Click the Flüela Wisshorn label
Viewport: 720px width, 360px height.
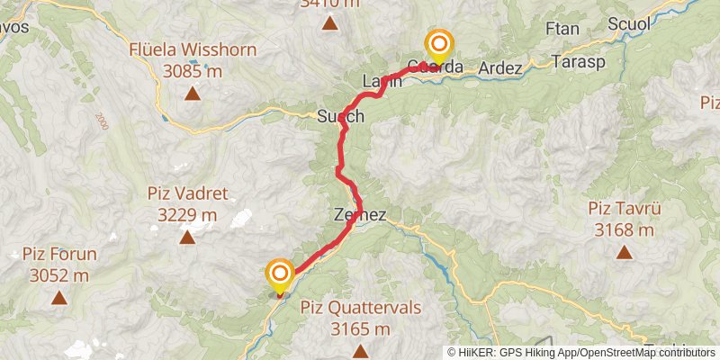[192, 49]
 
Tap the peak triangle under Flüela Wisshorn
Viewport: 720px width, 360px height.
[192, 93]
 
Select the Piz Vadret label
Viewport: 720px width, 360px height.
[187, 193]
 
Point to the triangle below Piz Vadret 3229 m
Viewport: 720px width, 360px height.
[187, 238]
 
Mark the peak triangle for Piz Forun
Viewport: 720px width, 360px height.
[59, 297]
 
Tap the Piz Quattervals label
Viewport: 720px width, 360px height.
[360, 308]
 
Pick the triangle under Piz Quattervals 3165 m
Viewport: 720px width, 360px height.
[360, 350]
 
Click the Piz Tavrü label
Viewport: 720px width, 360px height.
[625, 209]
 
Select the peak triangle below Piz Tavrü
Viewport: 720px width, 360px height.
[624, 253]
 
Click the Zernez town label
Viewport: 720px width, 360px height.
[359, 216]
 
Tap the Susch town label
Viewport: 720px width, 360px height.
[341, 116]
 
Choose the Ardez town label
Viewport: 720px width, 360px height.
[500, 67]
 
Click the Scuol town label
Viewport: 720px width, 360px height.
[628, 24]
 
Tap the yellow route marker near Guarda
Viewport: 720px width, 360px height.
[439, 46]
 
